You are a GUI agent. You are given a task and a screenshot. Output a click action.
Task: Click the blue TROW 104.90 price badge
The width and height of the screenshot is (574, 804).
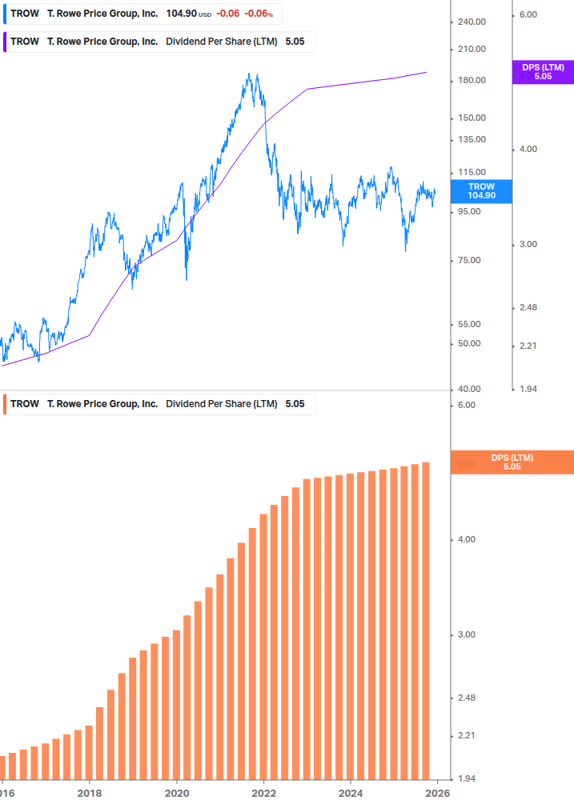pyautogui.click(x=481, y=190)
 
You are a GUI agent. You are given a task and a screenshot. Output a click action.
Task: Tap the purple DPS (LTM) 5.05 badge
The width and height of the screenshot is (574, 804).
pyautogui.click(x=543, y=72)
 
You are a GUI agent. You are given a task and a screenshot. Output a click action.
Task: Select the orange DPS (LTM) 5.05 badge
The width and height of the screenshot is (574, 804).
pyautogui.click(x=512, y=462)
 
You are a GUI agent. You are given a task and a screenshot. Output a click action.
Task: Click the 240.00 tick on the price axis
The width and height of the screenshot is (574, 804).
pyautogui.click(x=472, y=22)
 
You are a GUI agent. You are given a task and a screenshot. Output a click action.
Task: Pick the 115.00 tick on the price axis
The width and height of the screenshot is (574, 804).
pyautogui.click(x=472, y=172)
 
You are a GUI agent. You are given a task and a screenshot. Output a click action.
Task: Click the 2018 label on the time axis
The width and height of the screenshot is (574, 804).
pyautogui.click(x=90, y=794)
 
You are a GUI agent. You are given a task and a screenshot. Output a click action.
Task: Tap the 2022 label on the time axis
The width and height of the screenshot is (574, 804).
pyautogui.click(x=263, y=794)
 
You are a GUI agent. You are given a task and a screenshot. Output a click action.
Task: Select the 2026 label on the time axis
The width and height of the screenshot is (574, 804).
pyautogui.click(x=436, y=794)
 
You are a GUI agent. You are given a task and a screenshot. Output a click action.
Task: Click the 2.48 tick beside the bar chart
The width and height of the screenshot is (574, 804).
pyautogui.click(x=465, y=698)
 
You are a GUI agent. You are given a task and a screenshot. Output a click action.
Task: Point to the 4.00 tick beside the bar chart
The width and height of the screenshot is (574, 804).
pyautogui.click(x=465, y=539)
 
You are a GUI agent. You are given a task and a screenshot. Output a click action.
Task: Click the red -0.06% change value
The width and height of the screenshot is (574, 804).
pyautogui.click(x=261, y=14)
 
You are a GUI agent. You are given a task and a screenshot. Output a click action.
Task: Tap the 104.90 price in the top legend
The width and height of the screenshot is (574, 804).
pyautogui.click(x=182, y=14)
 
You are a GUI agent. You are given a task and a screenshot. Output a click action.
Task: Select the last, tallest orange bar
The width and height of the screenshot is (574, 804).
pyautogui.click(x=426, y=621)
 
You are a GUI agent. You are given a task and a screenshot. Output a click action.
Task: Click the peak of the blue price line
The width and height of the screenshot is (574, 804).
pyautogui.click(x=251, y=74)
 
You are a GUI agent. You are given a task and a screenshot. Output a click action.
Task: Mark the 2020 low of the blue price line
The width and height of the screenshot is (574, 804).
pyautogui.click(x=187, y=279)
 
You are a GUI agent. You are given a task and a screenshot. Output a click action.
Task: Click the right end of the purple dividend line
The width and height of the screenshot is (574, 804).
pyautogui.click(x=426, y=72)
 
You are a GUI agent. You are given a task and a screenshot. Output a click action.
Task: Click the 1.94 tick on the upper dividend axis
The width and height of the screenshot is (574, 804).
pyautogui.click(x=529, y=389)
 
